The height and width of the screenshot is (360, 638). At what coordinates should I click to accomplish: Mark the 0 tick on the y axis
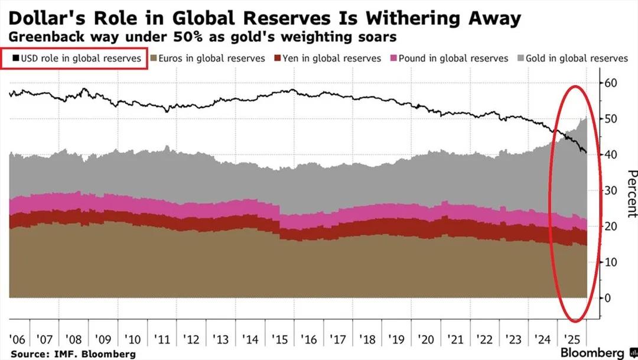(x=607, y=298)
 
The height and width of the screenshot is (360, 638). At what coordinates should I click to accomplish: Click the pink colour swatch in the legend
(x=392, y=59)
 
